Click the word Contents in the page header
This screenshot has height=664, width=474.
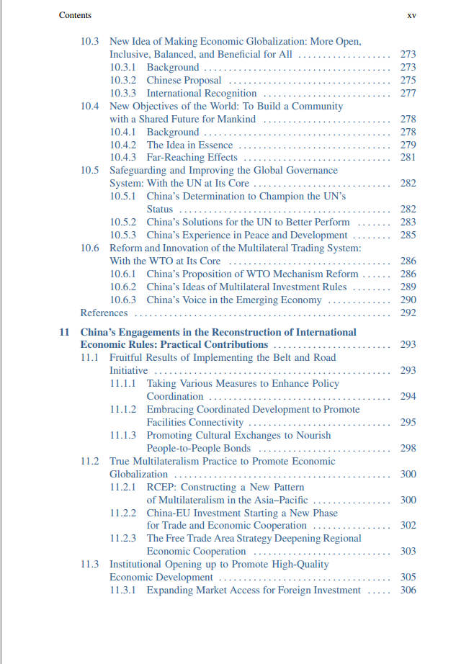75,15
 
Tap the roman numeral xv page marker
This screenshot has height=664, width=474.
411,15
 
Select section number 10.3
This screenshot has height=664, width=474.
89,42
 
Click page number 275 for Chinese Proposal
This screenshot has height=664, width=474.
408,81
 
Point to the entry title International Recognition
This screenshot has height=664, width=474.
202,94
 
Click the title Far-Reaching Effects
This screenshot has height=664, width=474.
192,158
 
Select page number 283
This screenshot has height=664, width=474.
408,223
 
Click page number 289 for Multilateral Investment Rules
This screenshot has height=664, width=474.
408,287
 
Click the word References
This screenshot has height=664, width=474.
104,313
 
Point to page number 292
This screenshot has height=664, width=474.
408,313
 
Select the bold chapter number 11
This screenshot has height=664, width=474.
64,333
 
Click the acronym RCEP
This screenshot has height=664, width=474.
162,488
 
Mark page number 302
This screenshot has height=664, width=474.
408,526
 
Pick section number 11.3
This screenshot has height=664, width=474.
89,565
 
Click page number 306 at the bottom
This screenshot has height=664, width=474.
408,591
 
